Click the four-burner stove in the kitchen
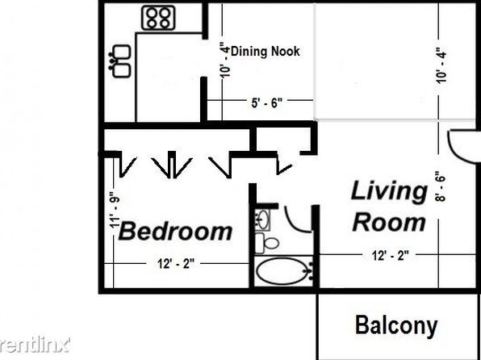point(158,18)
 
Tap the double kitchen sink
point(121,61)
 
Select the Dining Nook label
point(265,51)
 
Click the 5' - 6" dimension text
point(266,103)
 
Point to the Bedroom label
point(175,232)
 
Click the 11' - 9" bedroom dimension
point(115,210)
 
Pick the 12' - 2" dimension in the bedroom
point(176,264)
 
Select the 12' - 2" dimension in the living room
point(390,255)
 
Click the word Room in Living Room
point(390,222)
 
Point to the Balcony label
point(396,326)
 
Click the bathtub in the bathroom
point(282,271)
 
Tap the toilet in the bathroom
point(266,244)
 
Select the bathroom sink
point(262,220)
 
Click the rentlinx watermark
point(35,345)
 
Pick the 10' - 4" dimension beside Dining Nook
point(226,61)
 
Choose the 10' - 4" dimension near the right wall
point(441,65)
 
